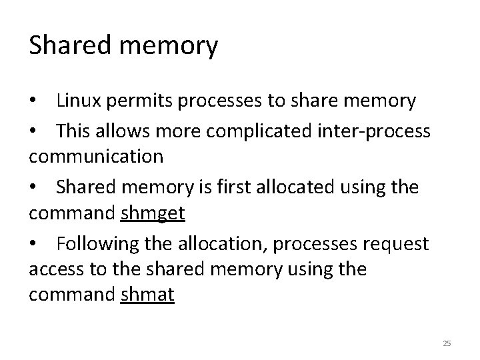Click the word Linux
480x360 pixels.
(77, 101)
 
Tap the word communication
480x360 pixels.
(96, 157)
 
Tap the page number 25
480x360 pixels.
(447, 343)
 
